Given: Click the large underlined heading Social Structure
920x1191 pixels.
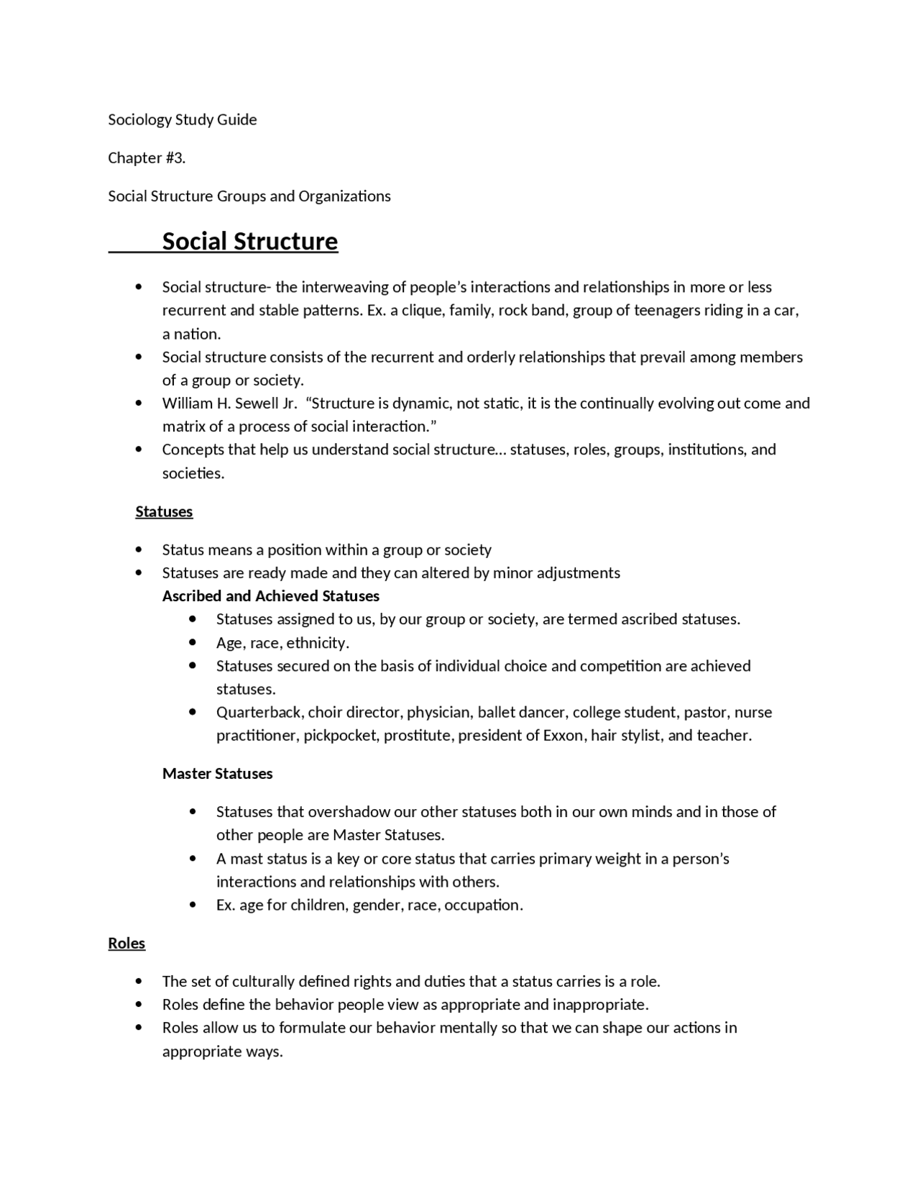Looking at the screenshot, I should click(249, 242).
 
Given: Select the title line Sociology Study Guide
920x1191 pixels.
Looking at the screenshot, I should click(182, 119).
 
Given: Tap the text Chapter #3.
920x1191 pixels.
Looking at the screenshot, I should click(147, 158).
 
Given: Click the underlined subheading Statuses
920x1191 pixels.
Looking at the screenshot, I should click(164, 511).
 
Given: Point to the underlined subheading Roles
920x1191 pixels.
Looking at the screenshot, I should click(126, 943).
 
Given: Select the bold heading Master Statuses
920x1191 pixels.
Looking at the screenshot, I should click(217, 773).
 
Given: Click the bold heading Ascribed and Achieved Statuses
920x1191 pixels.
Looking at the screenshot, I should click(270, 595).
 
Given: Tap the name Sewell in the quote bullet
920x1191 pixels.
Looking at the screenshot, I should click(254, 403).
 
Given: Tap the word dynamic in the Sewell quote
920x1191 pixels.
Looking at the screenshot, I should click(420, 403).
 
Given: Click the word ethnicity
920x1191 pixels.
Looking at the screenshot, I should click(317, 642).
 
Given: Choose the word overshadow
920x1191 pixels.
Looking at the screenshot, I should click(349, 811).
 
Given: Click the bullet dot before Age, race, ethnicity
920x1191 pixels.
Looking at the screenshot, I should click(192, 642).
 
